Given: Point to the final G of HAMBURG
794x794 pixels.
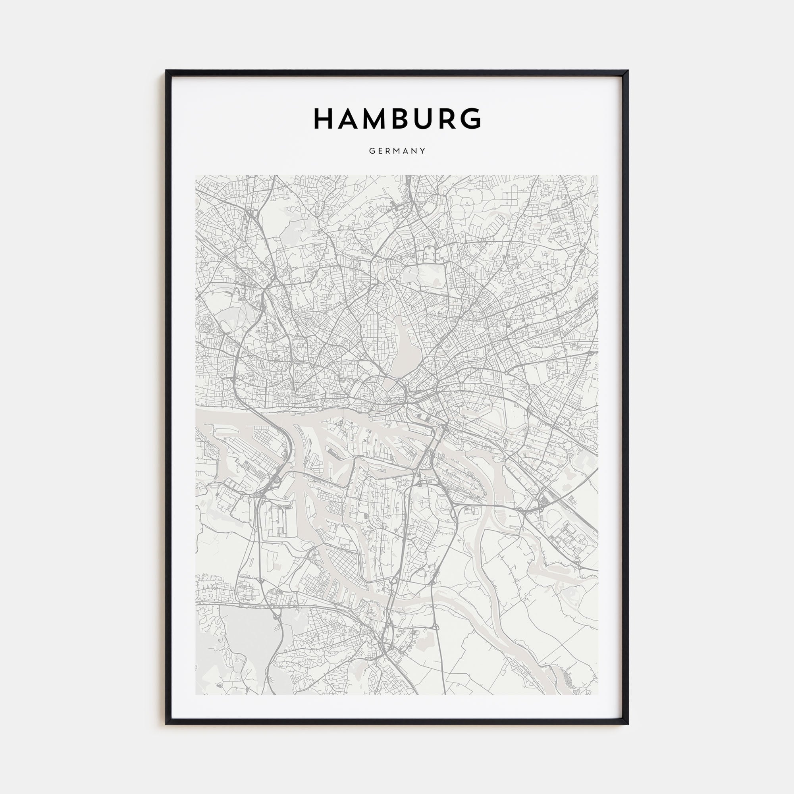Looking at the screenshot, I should pyautogui.click(x=470, y=119).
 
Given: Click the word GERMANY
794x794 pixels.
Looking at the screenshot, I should pyautogui.click(x=397, y=151).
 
